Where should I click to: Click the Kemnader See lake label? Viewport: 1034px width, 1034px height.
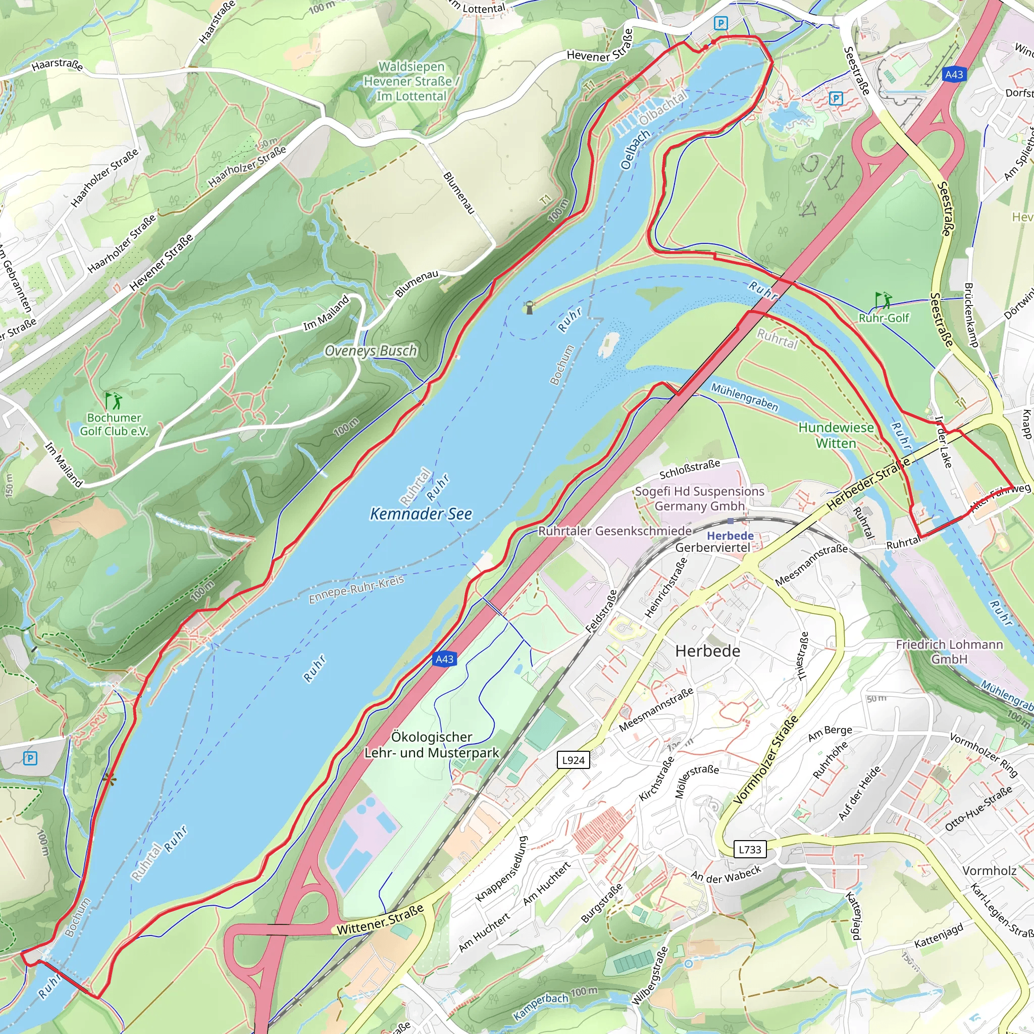tap(421, 514)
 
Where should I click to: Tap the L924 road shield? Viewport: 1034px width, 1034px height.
tap(573, 760)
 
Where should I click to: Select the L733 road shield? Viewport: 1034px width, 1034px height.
tap(750, 849)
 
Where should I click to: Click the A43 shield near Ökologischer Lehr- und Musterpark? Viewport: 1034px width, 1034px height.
tap(444, 659)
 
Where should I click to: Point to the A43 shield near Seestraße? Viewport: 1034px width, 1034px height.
tap(954, 74)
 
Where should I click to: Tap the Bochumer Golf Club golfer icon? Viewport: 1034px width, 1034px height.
tap(114, 400)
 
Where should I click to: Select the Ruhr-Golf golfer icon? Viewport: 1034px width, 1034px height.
tap(884, 301)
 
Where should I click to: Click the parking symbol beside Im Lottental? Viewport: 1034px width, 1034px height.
tap(721, 23)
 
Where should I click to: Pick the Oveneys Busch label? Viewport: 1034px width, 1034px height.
tap(371, 350)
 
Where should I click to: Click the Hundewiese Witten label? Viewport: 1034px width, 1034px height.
tap(836, 435)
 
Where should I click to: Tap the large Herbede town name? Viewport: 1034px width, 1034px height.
tap(707, 651)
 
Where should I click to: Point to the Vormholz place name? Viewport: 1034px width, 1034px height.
tap(989, 871)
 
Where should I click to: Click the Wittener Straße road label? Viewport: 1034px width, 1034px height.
tap(380, 919)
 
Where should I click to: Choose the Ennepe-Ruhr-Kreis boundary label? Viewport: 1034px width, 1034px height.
tap(356, 589)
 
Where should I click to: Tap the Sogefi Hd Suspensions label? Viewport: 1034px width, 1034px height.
tap(699, 498)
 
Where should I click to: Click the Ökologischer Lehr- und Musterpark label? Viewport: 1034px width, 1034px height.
tap(431, 745)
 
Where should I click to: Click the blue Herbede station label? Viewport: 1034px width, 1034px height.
tap(730, 536)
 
